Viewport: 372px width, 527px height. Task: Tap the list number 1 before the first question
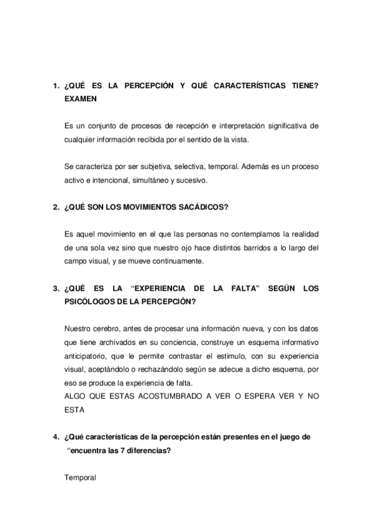pos(55,86)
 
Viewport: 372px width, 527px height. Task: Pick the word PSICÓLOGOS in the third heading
pos(89,301)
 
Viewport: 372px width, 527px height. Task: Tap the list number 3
pos(55,288)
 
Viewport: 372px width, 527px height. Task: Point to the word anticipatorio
pos(87,355)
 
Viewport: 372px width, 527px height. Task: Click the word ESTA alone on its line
pos(75,410)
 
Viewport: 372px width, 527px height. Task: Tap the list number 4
pos(55,437)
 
